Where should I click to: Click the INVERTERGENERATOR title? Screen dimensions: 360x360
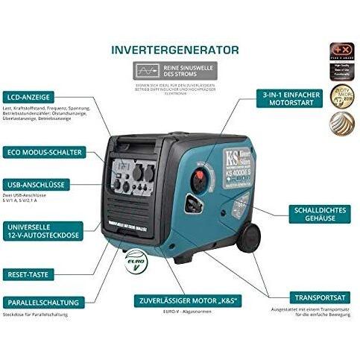175,50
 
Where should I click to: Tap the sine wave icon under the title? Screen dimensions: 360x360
145,71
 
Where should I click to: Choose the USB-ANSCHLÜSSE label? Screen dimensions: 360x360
41,183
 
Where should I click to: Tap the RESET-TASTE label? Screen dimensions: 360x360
34,274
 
